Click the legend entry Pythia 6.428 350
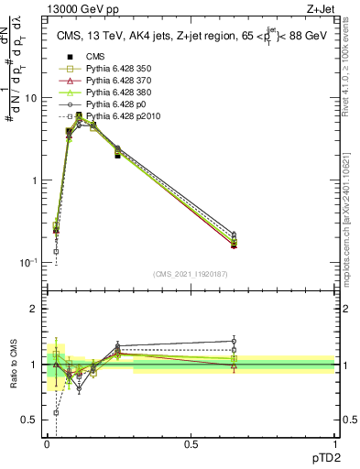pos(111,68)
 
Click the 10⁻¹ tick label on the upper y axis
pos(27,263)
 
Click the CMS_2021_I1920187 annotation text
pos(191,274)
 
